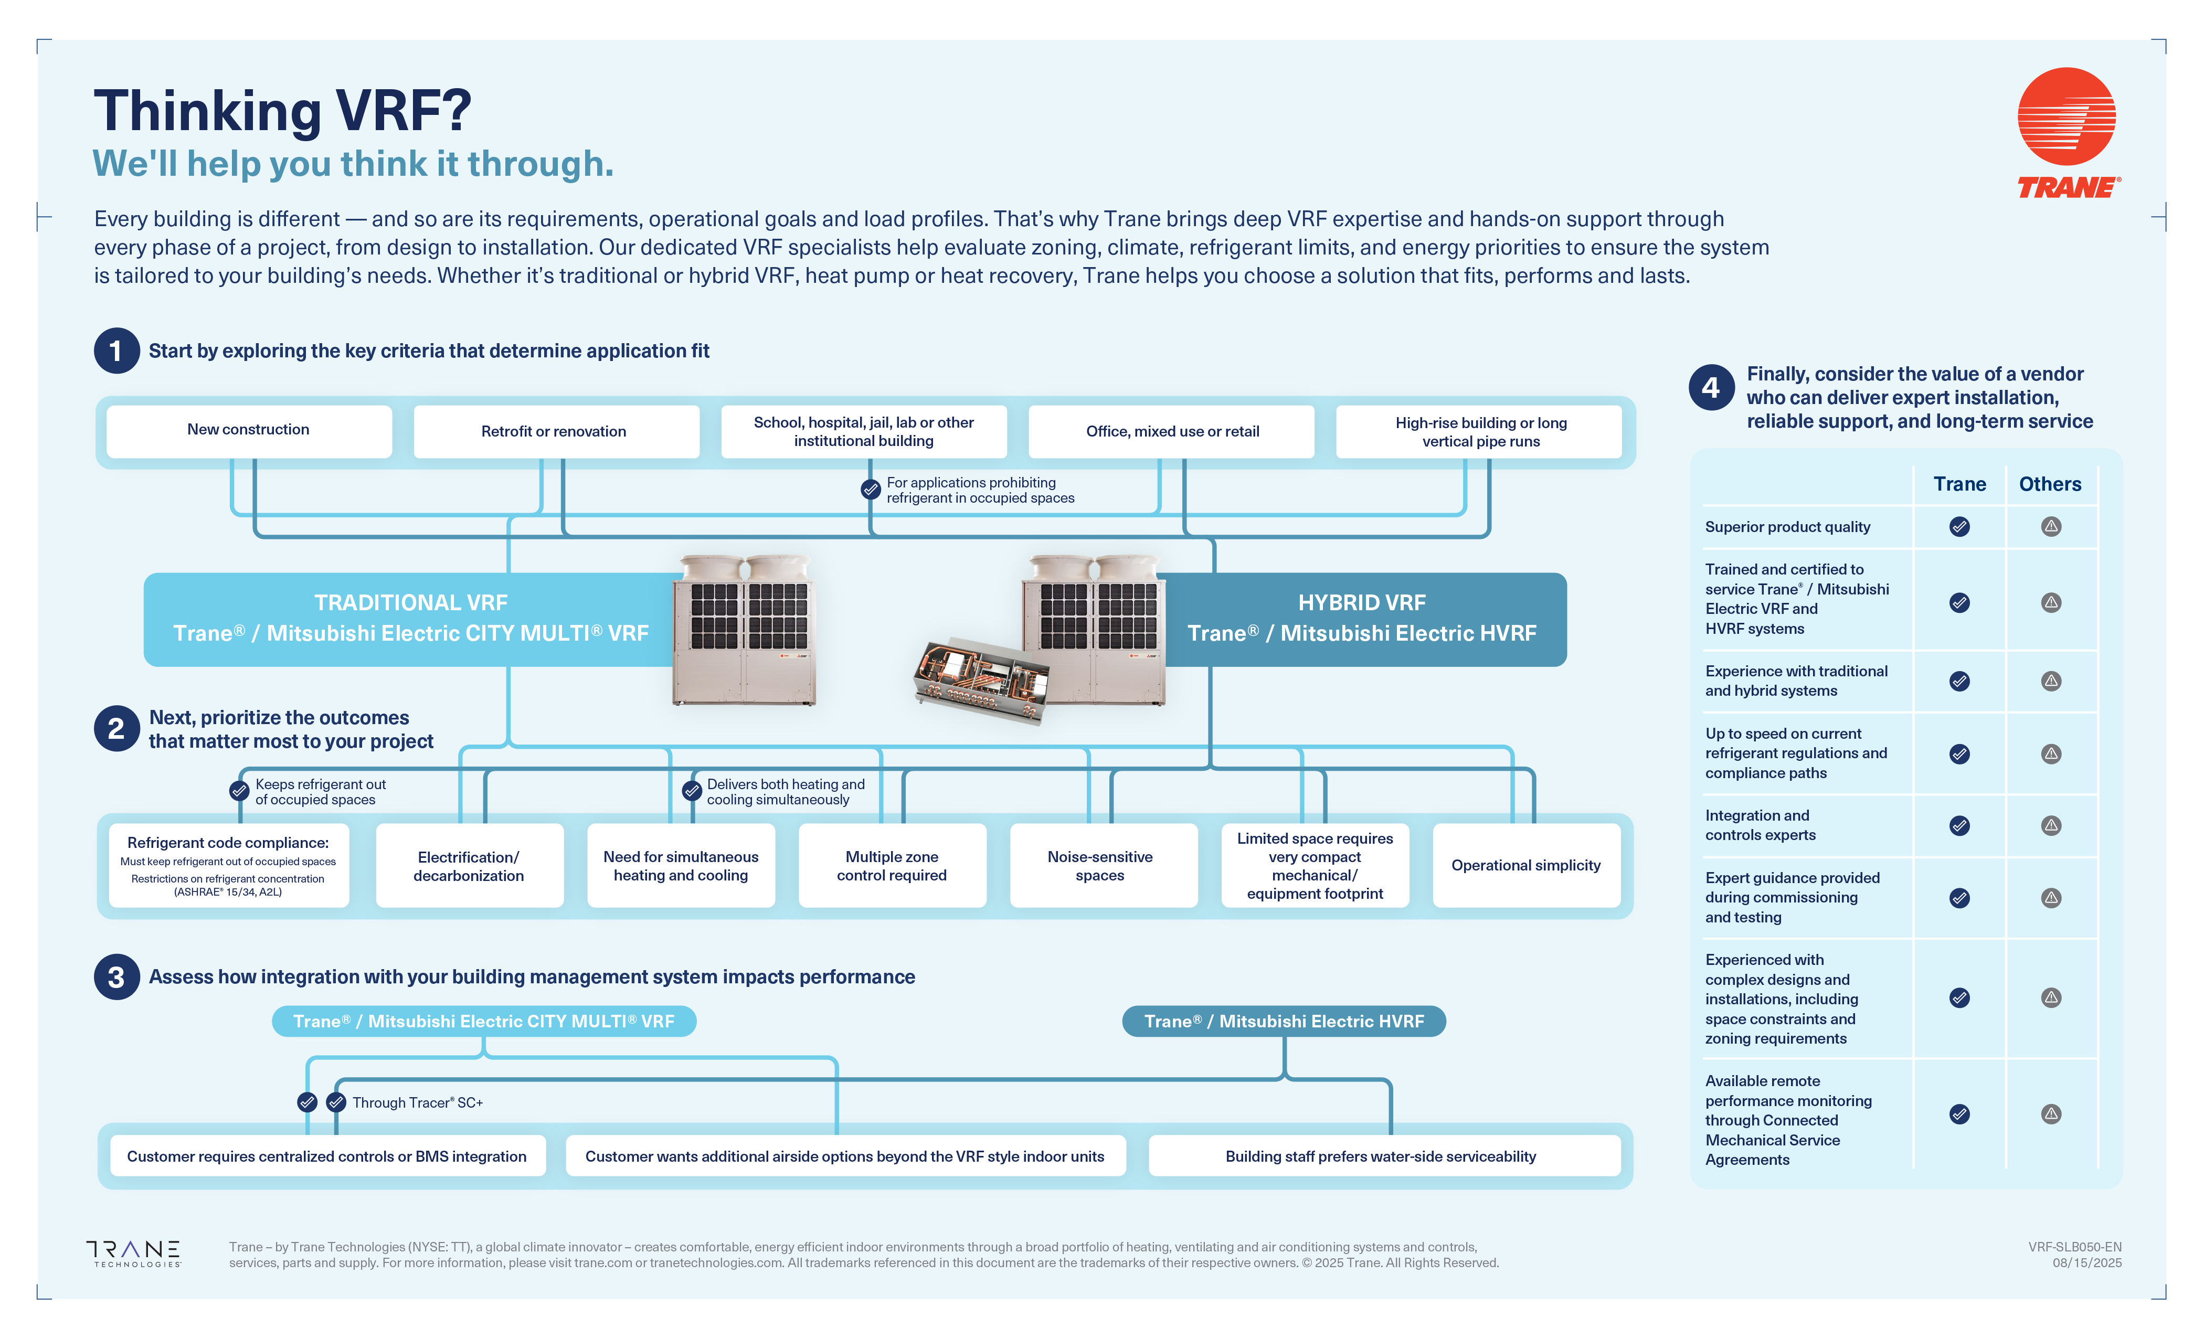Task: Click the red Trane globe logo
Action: point(2067,116)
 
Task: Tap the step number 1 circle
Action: point(116,351)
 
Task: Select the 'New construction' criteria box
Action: point(249,430)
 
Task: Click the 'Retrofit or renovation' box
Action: point(555,431)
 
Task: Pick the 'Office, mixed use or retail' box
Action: point(1172,431)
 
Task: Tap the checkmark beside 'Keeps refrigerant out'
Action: point(239,791)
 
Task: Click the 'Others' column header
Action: point(2050,484)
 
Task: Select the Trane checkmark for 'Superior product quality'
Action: point(1959,527)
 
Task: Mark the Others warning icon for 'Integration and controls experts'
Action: point(2051,825)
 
